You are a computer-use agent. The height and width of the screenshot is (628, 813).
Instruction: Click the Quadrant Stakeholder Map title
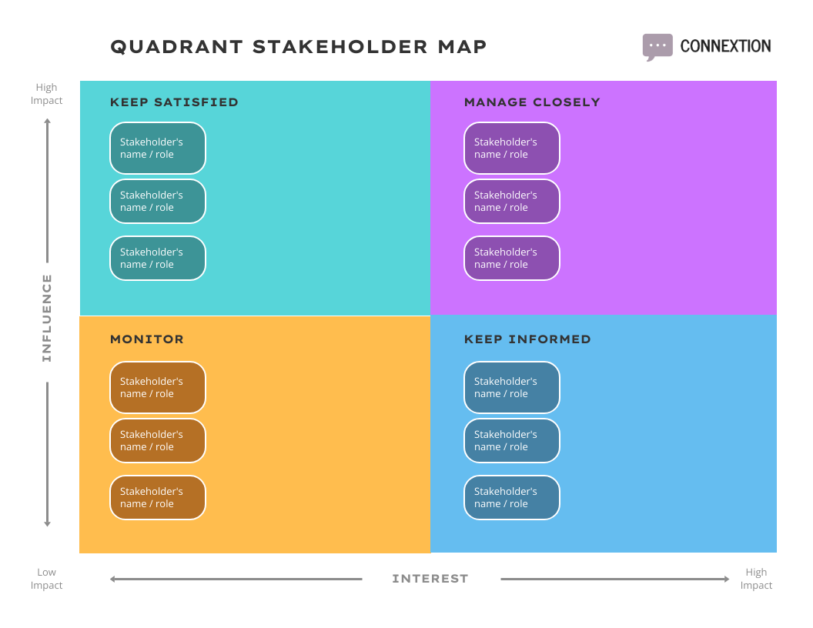(299, 47)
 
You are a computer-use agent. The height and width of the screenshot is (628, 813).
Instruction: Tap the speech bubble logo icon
(657, 46)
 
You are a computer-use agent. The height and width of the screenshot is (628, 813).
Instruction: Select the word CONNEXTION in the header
(725, 46)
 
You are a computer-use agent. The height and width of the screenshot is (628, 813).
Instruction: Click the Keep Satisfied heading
(174, 102)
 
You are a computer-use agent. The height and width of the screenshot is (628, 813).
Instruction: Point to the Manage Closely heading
(532, 102)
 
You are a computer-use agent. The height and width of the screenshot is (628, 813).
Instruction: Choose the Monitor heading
(147, 339)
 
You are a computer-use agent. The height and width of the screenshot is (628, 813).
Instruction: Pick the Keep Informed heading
(527, 339)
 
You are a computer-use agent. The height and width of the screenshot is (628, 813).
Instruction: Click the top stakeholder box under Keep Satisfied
(158, 148)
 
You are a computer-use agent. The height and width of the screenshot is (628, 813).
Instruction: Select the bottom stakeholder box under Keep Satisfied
(158, 258)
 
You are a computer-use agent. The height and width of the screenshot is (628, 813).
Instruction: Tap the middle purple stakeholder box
(512, 201)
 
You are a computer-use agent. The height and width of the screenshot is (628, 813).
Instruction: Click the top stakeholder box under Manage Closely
(512, 148)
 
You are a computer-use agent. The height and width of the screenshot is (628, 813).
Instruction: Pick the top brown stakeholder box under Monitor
(158, 387)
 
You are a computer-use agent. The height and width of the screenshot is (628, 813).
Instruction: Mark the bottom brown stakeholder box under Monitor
(158, 497)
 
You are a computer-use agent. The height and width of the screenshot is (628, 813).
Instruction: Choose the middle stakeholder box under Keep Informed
(512, 440)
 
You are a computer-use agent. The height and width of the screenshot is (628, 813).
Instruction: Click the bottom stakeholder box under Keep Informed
(512, 497)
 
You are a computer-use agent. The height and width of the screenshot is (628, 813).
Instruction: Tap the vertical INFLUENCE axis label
(47, 318)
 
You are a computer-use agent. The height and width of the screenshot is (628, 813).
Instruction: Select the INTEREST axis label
(430, 579)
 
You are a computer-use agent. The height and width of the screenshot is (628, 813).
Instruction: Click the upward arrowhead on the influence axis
(47, 121)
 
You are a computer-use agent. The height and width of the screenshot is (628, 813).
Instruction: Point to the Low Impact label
(46, 579)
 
